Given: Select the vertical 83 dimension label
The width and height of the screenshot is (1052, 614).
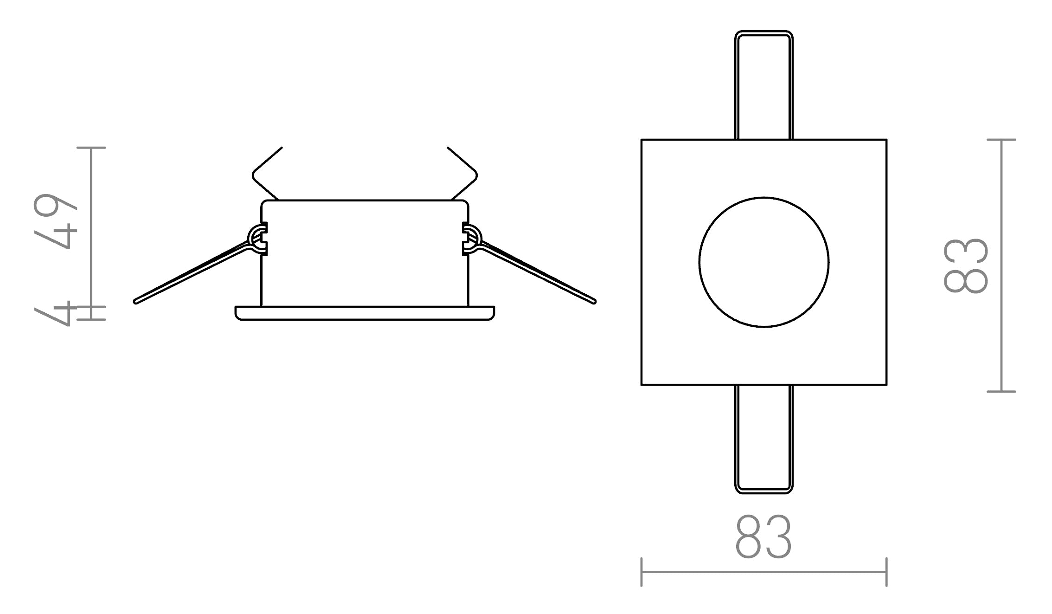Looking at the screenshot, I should (966, 265).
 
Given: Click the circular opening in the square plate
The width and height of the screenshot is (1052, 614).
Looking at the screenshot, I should (763, 262).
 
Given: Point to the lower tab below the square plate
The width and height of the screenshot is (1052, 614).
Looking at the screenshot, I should (763, 439).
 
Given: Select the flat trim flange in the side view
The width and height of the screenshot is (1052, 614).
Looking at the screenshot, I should (365, 313).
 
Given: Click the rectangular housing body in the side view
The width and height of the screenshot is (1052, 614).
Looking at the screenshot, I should (365, 253).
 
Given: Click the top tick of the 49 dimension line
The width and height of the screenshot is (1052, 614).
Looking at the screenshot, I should (91, 148).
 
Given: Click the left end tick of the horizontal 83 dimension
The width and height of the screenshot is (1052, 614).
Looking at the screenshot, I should (641, 572).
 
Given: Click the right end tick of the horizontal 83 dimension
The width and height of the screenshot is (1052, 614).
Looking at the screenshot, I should (886, 572).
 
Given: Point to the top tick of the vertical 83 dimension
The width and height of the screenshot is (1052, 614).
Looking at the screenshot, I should (1001, 139).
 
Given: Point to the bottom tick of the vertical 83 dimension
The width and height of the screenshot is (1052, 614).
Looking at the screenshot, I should (1001, 391).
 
